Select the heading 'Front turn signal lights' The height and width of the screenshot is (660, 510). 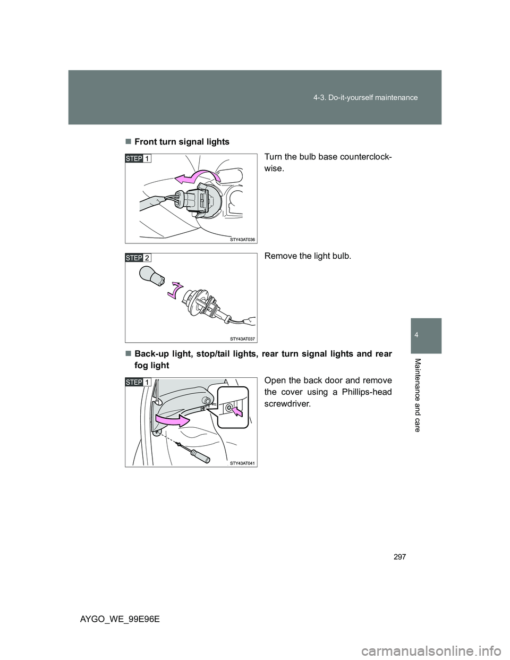coord(182,142)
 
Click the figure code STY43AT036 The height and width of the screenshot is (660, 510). coord(242,240)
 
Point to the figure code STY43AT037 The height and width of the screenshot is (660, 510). coord(242,339)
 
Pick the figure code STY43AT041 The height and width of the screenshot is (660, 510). coord(242,463)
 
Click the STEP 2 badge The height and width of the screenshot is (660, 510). coord(138,258)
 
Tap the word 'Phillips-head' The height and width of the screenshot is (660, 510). coord(367,392)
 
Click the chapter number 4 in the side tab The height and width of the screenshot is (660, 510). coord(426,335)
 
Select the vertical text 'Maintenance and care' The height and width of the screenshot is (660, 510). coord(418,395)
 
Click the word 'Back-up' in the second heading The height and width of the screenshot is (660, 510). coord(151,354)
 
